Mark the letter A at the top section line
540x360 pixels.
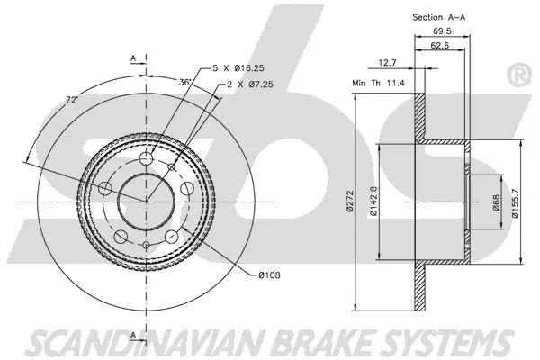132,58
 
